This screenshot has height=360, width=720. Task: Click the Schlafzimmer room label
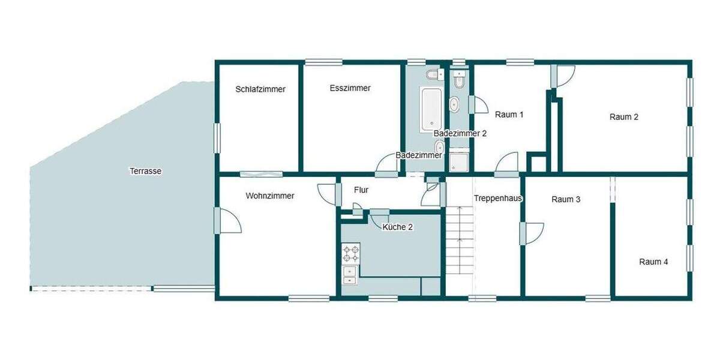click(260, 89)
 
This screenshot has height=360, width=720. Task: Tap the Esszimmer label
click(350, 88)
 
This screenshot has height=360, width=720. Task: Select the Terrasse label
click(145, 171)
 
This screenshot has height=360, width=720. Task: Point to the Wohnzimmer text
click(270, 196)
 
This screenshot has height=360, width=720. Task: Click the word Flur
click(361, 190)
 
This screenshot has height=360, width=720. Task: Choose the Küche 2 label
click(397, 227)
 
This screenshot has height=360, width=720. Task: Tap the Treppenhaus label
click(498, 198)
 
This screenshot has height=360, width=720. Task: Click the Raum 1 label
click(509, 114)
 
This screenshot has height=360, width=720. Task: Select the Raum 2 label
click(624, 117)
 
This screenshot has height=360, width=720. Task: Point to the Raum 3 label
click(566, 199)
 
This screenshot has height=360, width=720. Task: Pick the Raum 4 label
click(653, 262)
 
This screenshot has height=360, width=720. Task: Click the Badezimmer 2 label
click(460, 134)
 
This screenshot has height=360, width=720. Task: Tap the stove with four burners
click(350, 253)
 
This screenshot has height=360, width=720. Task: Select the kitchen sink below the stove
click(349, 274)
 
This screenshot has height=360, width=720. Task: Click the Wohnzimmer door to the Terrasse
click(228, 220)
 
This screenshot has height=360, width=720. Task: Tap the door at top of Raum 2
click(563, 75)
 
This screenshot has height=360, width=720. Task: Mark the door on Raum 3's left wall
click(532, 232)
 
